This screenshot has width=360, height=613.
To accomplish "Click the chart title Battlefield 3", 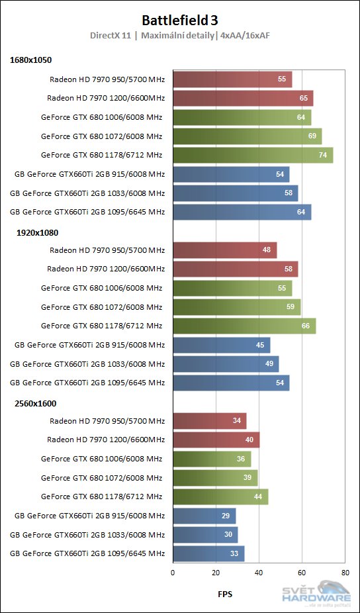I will [x=179, y=20].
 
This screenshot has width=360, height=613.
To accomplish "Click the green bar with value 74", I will [x=253, y=156].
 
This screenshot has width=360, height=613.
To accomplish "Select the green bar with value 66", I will [x=244, y=326].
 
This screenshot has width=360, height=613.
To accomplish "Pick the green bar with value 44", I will [x=220, y=496].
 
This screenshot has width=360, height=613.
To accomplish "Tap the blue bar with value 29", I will [x=204, y=516].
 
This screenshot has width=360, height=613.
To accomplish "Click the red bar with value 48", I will [x=225, y=250].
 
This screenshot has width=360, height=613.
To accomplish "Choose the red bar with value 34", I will [x=210, y=421].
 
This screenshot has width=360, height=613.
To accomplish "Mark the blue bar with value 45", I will [x=222, y=345].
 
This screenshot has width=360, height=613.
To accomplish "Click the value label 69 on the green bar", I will [x=312, y=136].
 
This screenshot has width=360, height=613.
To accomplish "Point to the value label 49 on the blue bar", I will [x=269, y=364].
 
